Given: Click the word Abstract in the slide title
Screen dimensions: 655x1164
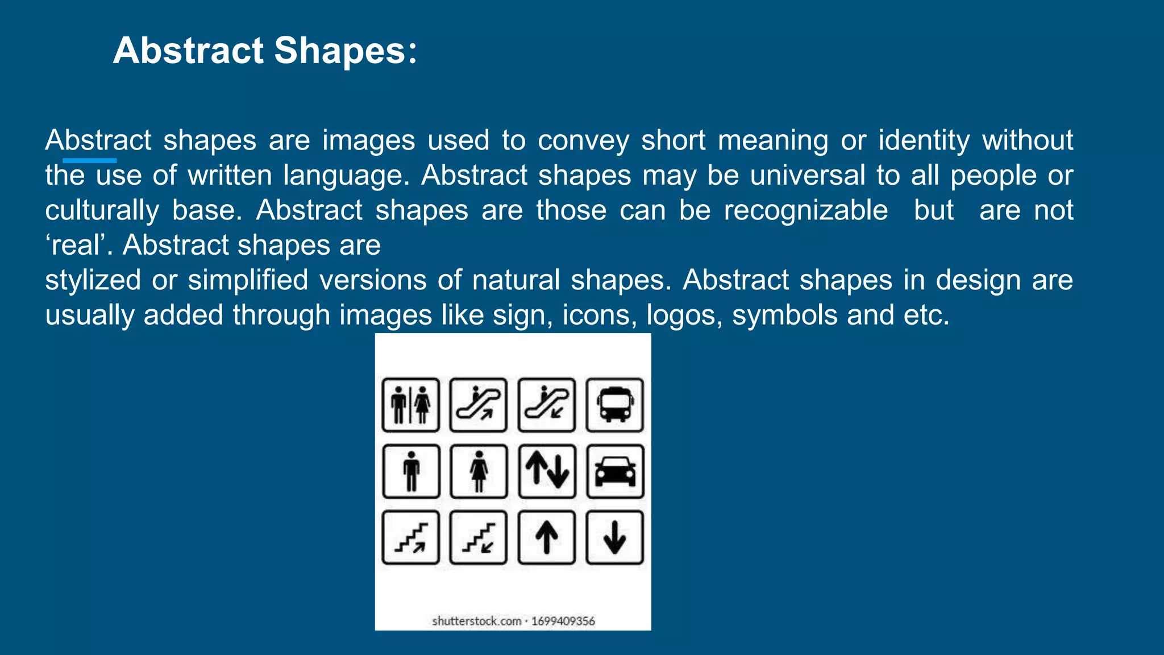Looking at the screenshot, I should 188,51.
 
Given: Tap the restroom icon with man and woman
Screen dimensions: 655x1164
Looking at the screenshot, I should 410,405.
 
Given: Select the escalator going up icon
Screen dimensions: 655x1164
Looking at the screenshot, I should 478,405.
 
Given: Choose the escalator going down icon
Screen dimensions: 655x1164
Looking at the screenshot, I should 546,405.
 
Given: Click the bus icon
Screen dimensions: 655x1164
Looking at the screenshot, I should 614,405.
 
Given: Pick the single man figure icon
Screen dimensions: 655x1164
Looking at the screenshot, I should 410,471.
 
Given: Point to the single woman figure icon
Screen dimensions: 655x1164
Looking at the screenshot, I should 478,471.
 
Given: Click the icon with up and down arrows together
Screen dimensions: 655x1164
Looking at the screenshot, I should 546,471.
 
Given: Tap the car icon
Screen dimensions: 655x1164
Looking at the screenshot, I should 614,471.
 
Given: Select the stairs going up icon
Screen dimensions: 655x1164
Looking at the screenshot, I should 410,537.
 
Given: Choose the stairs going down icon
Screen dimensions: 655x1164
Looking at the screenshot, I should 478,537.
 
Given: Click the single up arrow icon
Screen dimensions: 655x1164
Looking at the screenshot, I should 546,537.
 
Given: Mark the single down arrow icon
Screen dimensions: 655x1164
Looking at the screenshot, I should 614,537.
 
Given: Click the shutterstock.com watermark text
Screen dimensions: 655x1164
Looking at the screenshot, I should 476,621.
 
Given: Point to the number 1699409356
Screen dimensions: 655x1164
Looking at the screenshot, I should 563,621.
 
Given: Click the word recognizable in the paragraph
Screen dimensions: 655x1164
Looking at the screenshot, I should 805,211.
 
